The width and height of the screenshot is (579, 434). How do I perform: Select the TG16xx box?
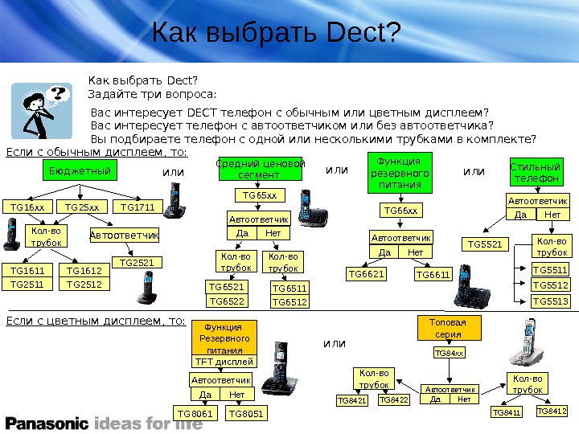tap(27, 207)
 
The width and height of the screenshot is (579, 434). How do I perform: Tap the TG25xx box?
tap(82, 207)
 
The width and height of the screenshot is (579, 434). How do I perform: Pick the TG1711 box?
tap(138, 207)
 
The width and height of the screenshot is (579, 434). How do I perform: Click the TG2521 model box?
tap(137, 263)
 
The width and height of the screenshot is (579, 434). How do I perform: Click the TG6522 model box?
tap(227, 301)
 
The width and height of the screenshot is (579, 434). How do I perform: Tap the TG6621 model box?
tap(367, 274)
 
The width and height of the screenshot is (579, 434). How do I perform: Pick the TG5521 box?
tap(486, 244)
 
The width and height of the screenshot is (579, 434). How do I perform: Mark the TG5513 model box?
tap(551, 301)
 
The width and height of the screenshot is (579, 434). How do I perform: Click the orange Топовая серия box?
tap(449, 328)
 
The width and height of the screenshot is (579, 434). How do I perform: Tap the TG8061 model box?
tap(196, 414)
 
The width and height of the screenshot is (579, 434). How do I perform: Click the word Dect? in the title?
tap(364, 33)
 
